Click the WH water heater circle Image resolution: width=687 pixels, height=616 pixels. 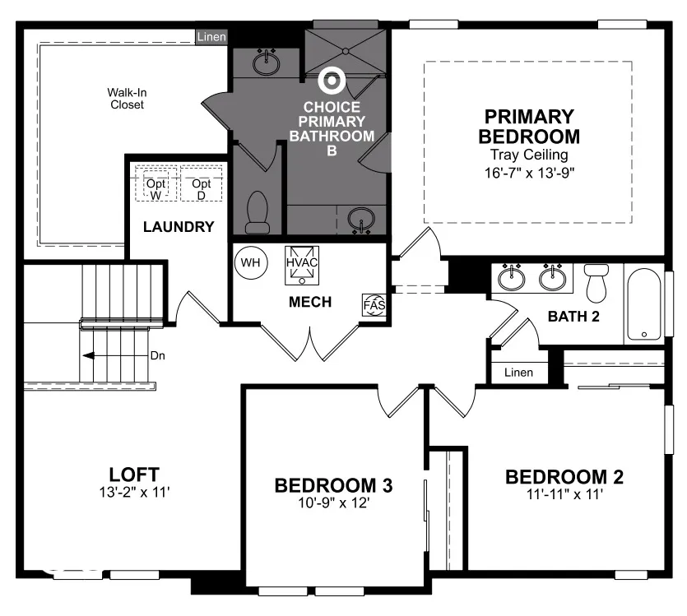[251, 262]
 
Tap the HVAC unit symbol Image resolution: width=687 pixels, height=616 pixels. [302, 266]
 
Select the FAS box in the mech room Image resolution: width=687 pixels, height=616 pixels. [374, 305]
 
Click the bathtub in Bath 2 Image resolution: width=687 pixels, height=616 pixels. [643, 304]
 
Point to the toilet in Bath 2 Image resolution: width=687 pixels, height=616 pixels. [596, 283]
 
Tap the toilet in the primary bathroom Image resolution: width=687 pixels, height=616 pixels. [258, 212]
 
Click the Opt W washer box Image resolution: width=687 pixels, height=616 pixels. [156, 184]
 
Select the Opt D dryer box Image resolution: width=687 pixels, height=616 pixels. [201, 184]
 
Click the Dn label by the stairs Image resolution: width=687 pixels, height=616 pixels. [158, 355]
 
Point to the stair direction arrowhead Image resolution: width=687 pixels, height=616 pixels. [89, 355]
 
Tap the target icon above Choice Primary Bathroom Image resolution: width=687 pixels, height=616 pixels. [332, 81]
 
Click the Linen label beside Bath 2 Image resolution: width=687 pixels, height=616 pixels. [519, 373]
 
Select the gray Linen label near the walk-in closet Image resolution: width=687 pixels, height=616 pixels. [211, 37]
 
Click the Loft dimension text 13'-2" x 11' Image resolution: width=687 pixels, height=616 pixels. [134, 493]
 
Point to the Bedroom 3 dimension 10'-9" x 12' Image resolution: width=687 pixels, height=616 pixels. [334, 503]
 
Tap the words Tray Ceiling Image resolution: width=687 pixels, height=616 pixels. [529, 155]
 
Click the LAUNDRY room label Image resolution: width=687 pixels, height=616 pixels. [179, 227]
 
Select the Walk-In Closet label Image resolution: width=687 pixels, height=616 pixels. [127, 99]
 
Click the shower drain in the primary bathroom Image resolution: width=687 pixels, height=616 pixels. [346, 51]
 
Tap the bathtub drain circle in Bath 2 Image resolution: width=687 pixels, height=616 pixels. [644, 335]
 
